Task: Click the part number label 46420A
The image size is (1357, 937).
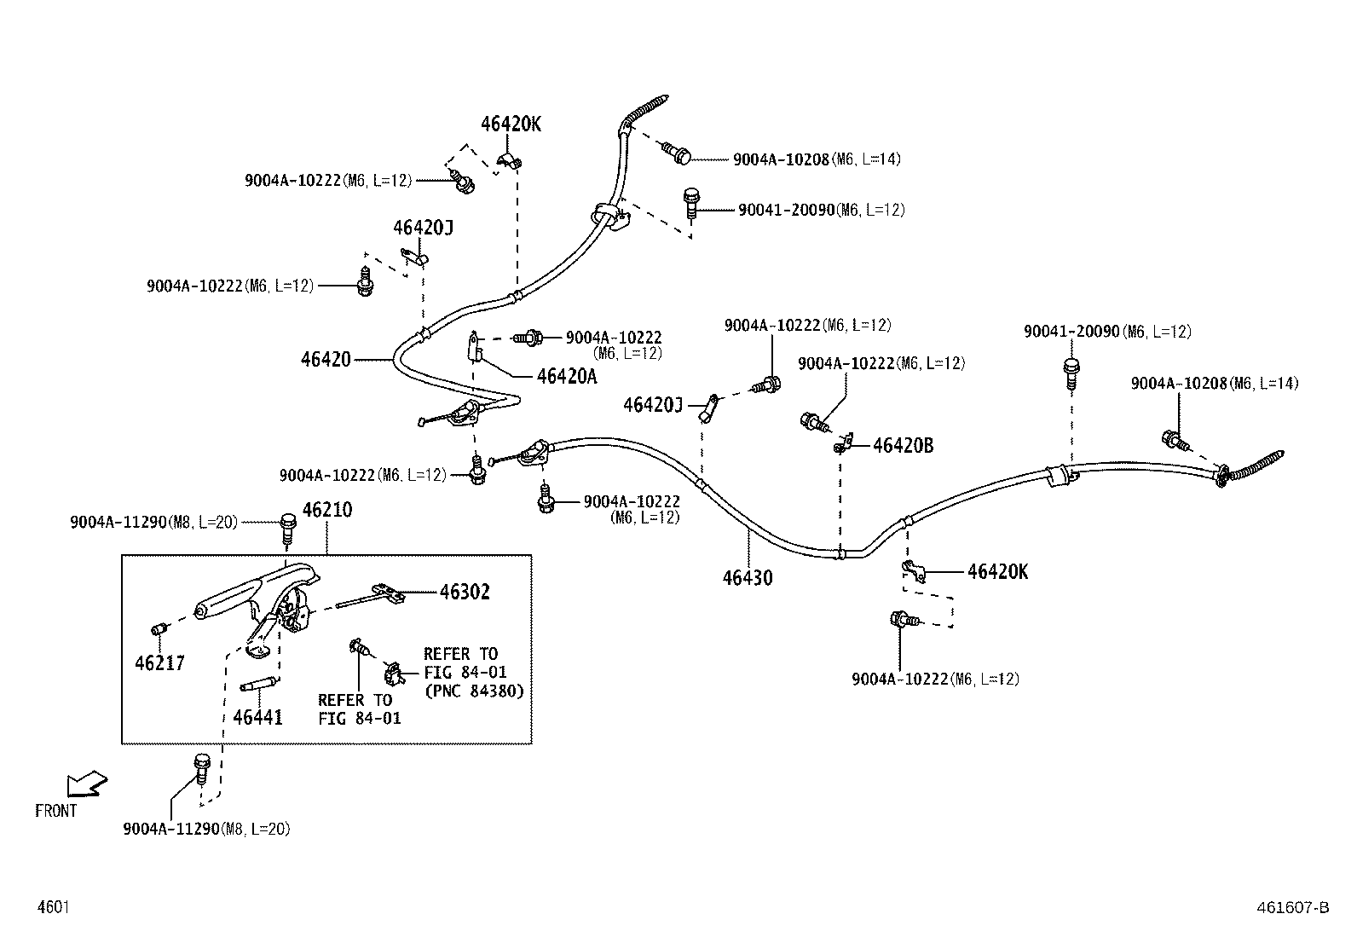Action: click(x=567, y=376)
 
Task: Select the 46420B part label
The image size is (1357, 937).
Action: click(x=903, y=445)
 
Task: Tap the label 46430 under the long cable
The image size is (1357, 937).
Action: click(x=748, y=577)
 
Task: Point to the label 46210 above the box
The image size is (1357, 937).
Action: click(x=327, y=510)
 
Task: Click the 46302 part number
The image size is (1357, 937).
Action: click(x=465, y=592)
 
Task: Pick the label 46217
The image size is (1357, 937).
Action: click(x=159, y=663)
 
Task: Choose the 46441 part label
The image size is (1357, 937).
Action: click(x=258, y=718)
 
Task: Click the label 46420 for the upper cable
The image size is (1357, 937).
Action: click(x=326, y=360)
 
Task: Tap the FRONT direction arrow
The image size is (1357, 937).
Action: click(x=87, y=783)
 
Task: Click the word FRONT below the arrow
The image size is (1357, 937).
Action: click(x=55, y=811)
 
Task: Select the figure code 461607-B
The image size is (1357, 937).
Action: click(x=1293, y=907)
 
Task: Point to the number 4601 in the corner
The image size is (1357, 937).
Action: click(x=54, y=907)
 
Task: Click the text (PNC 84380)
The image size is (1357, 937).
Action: click(x=474, y=691)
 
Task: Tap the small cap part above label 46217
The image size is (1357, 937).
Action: click(x=159, y=629)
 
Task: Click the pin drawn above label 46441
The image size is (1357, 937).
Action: click(x=258, y=685)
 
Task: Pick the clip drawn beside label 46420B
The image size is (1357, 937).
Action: click(x=844, y=443)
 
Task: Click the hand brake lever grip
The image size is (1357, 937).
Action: click(x=228, y=596)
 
